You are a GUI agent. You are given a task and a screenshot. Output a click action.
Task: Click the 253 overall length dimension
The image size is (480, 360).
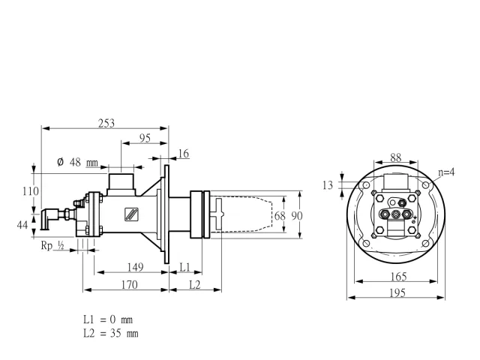pos(106,123)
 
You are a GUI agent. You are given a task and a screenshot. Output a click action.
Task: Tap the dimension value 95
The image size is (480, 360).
pos(145,138)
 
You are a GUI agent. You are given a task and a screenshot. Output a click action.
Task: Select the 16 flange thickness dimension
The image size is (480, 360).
pos(183,154)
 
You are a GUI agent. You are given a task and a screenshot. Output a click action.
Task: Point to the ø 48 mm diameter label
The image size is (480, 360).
pos(77,162)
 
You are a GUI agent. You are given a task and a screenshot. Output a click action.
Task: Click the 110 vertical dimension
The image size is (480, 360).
pos(31,191)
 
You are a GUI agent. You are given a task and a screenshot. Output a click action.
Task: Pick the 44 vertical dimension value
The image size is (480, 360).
pos(22,225)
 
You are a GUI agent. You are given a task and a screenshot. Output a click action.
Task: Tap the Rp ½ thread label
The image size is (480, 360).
pos(52,245)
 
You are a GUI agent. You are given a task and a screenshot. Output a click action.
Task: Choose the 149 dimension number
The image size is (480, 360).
pos(135,267)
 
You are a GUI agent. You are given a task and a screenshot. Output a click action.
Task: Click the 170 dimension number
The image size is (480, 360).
pos(129,285)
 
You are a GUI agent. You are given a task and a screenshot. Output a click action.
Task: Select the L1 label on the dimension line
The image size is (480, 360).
pos(185,267)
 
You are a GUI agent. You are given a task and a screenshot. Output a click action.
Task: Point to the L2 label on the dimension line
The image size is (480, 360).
pos(195,285)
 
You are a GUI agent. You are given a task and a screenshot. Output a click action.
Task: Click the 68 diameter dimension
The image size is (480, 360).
pos(280,216)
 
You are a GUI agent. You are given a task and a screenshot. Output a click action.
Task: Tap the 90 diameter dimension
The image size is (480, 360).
pos(297,216)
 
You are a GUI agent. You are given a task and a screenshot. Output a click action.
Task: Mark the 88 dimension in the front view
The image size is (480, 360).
pos(396,157)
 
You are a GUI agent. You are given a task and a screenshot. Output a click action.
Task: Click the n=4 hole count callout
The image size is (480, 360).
pos(446,172)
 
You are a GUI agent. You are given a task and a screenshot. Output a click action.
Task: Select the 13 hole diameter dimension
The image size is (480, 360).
pos(328,185)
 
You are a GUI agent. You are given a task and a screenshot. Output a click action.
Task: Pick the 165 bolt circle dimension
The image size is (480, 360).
pos(399,277)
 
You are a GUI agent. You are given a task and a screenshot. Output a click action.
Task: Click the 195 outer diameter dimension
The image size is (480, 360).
pos(397,293)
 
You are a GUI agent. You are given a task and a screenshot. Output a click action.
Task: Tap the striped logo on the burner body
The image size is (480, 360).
pos(132,214)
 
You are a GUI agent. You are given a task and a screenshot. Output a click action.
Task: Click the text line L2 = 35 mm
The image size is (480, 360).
pos(111,333)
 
